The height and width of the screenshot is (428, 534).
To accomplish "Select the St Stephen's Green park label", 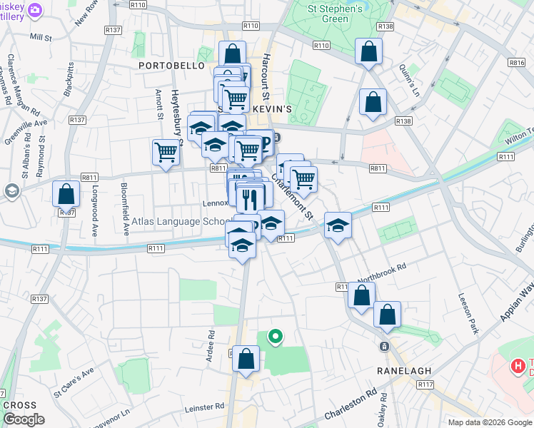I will pyautogui.click(x=335, y=14).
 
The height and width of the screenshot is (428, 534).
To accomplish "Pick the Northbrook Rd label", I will pyautogui.click(x=381, y=270).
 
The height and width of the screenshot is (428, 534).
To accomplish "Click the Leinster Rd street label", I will pyautogui.click(x=203, y=407).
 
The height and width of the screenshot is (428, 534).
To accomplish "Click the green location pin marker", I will pyautogui.click(x=274, y=335).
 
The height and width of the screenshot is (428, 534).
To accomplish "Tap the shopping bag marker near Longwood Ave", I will pyautogui.click(x=66, y=194).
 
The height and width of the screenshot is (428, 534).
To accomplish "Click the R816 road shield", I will pyautogui.click(x=518, y=63).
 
